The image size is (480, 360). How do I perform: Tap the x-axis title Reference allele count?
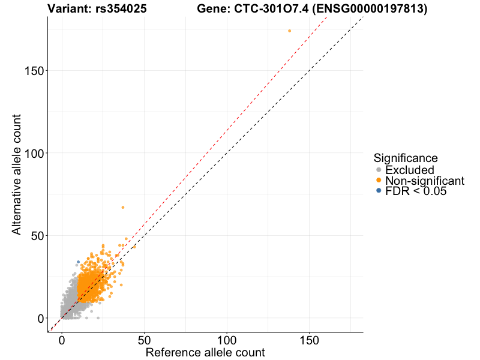[x=205, y=352]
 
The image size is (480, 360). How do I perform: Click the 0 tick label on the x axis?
[x=61, y=340]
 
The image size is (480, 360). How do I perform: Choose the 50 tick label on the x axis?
[x=144, y=340]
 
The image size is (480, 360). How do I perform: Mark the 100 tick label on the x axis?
[x=227, y=340]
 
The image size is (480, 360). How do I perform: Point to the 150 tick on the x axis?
[x=309, y=340]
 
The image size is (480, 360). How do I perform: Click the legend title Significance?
[x=405, y=158]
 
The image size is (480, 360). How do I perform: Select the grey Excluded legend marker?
[x=378, y=170]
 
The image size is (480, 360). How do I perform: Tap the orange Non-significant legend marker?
[x=378, y=181]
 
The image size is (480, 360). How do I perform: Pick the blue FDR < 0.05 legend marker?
[x=378, y=191]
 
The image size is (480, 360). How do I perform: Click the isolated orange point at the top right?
[x=289, y=31]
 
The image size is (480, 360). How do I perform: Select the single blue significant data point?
[x=78, y=262]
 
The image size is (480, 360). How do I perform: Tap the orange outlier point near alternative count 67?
[x=123, y=208]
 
